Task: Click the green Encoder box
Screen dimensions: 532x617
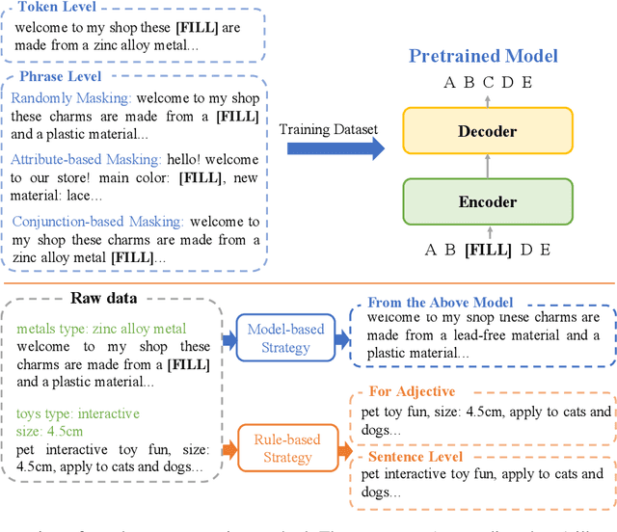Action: [487, 202]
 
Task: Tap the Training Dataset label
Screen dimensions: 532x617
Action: [327, 129]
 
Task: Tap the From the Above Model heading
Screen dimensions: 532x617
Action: [440, 304]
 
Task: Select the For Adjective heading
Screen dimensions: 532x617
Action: [413, 391]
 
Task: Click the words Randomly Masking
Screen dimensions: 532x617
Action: [71, 98]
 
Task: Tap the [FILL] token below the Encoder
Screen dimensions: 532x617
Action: [487, 250]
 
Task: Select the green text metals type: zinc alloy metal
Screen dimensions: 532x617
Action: [100, 329]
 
